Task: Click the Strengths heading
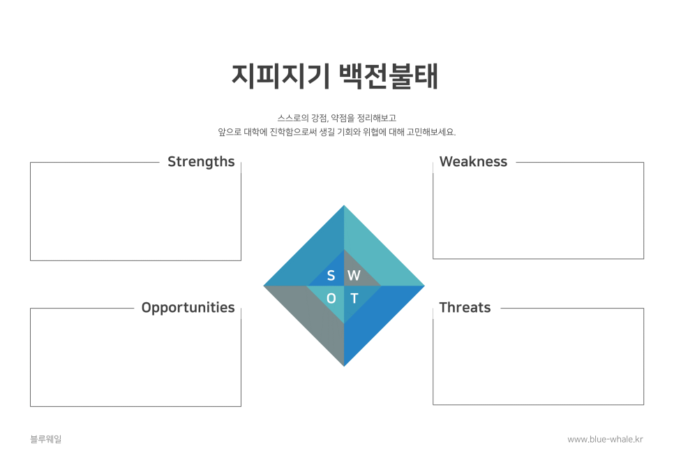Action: (x=201, y=162)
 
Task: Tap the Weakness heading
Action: (x=473, y=162)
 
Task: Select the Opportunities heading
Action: (x=188, y=308)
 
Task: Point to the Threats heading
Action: (x=465, y=308)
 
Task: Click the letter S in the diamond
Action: (x=331, y=275)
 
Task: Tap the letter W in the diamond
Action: (x=354, y=275)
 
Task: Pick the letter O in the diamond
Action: (x=331, y=298)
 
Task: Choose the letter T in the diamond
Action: (x=354, y=298)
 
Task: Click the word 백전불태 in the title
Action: (x=389, y=77)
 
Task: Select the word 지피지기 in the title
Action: (x=280, y=77)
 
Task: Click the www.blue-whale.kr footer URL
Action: (x=605, y=439)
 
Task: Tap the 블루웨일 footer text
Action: (x=46, y=439)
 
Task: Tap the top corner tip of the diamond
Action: (x=344, y=205)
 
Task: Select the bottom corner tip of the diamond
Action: (x=344, y=366)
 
